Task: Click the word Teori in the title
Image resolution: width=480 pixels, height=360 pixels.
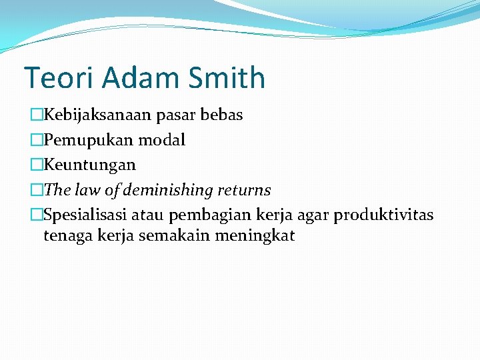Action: pos(59,78)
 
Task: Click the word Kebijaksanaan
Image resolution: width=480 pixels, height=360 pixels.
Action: pos(98,115)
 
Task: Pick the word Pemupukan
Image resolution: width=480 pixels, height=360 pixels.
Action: pos(81,141)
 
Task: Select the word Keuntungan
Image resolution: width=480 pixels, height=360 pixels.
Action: pos(89,165)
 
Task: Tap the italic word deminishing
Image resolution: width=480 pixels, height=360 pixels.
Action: pos(168,191)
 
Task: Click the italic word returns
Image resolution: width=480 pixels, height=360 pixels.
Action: pos(243,190)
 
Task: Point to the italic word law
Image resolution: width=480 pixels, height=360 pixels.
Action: pos(87,190)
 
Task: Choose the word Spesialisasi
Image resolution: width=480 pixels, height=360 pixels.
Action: pos(85,215)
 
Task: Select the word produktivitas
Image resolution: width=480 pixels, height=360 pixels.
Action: pos(383,215)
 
